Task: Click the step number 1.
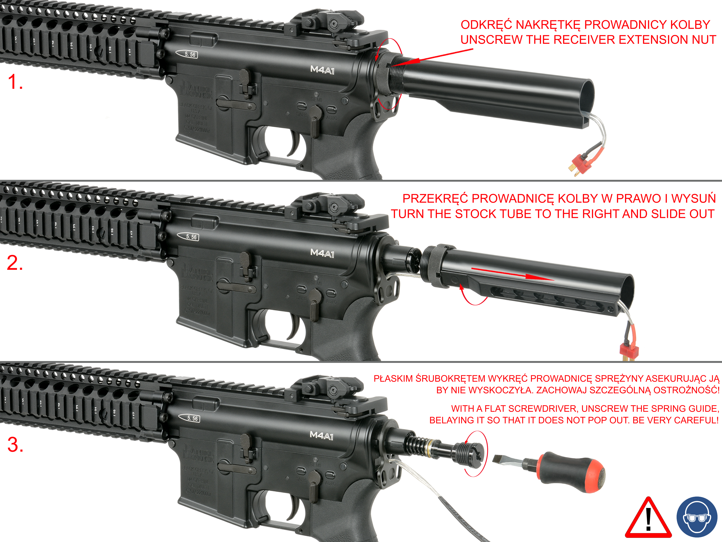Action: [x=15, y=82]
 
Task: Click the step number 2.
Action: [x=15, y=263]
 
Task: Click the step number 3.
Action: [x=15, y=445]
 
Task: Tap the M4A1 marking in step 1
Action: [x=322, y=70]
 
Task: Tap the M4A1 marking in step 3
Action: [x=322, y=435]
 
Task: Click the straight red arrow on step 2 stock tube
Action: [x=513, y=275]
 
